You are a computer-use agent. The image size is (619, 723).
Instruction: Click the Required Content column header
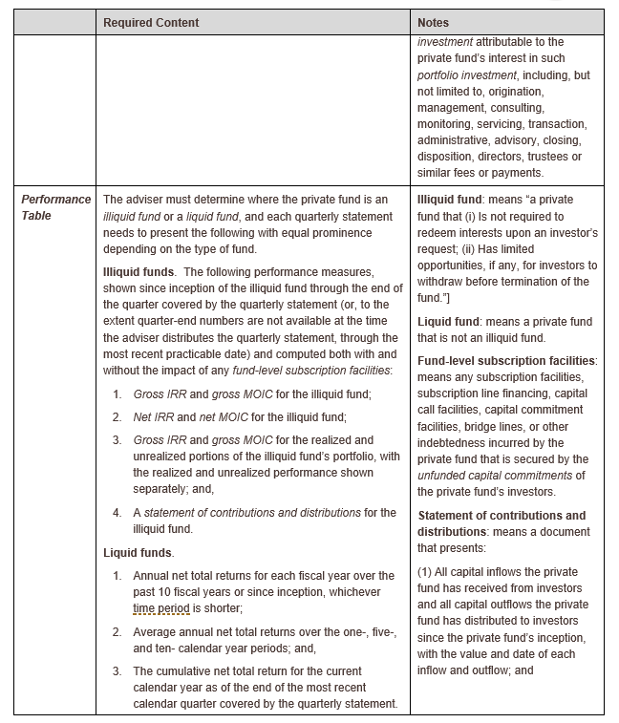(151, 22)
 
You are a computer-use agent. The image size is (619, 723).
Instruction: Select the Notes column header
(434, 22)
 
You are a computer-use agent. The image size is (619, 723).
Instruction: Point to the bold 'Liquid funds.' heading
(139, 552)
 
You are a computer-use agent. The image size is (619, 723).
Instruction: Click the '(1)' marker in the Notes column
(426, 571)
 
